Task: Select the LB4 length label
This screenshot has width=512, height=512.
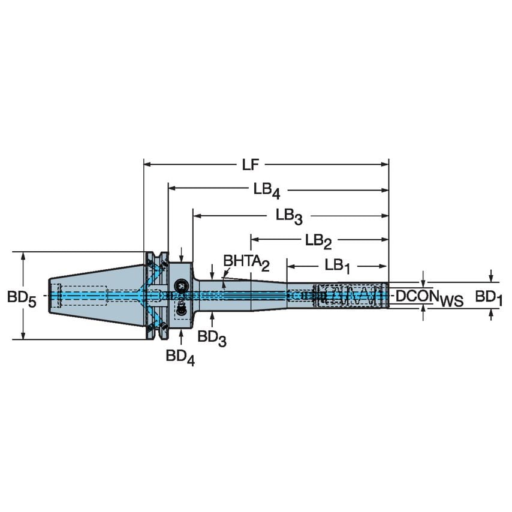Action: pyautogui.click(x=266, y=190)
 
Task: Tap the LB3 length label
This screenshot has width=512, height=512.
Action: pyautogui.click(x=289, y=215)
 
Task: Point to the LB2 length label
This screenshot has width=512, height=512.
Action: pyautogui.click(x=318, y=241)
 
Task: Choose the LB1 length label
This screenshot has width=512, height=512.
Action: pyautogui.click(x=338, y=265)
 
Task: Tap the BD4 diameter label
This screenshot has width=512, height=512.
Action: pyautogui.click(x=180, y=357)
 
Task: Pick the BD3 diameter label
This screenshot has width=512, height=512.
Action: pyautogui.click(x=212, y=337)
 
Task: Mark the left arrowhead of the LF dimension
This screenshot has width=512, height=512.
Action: pyautogui.click(x=147, y=164)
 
